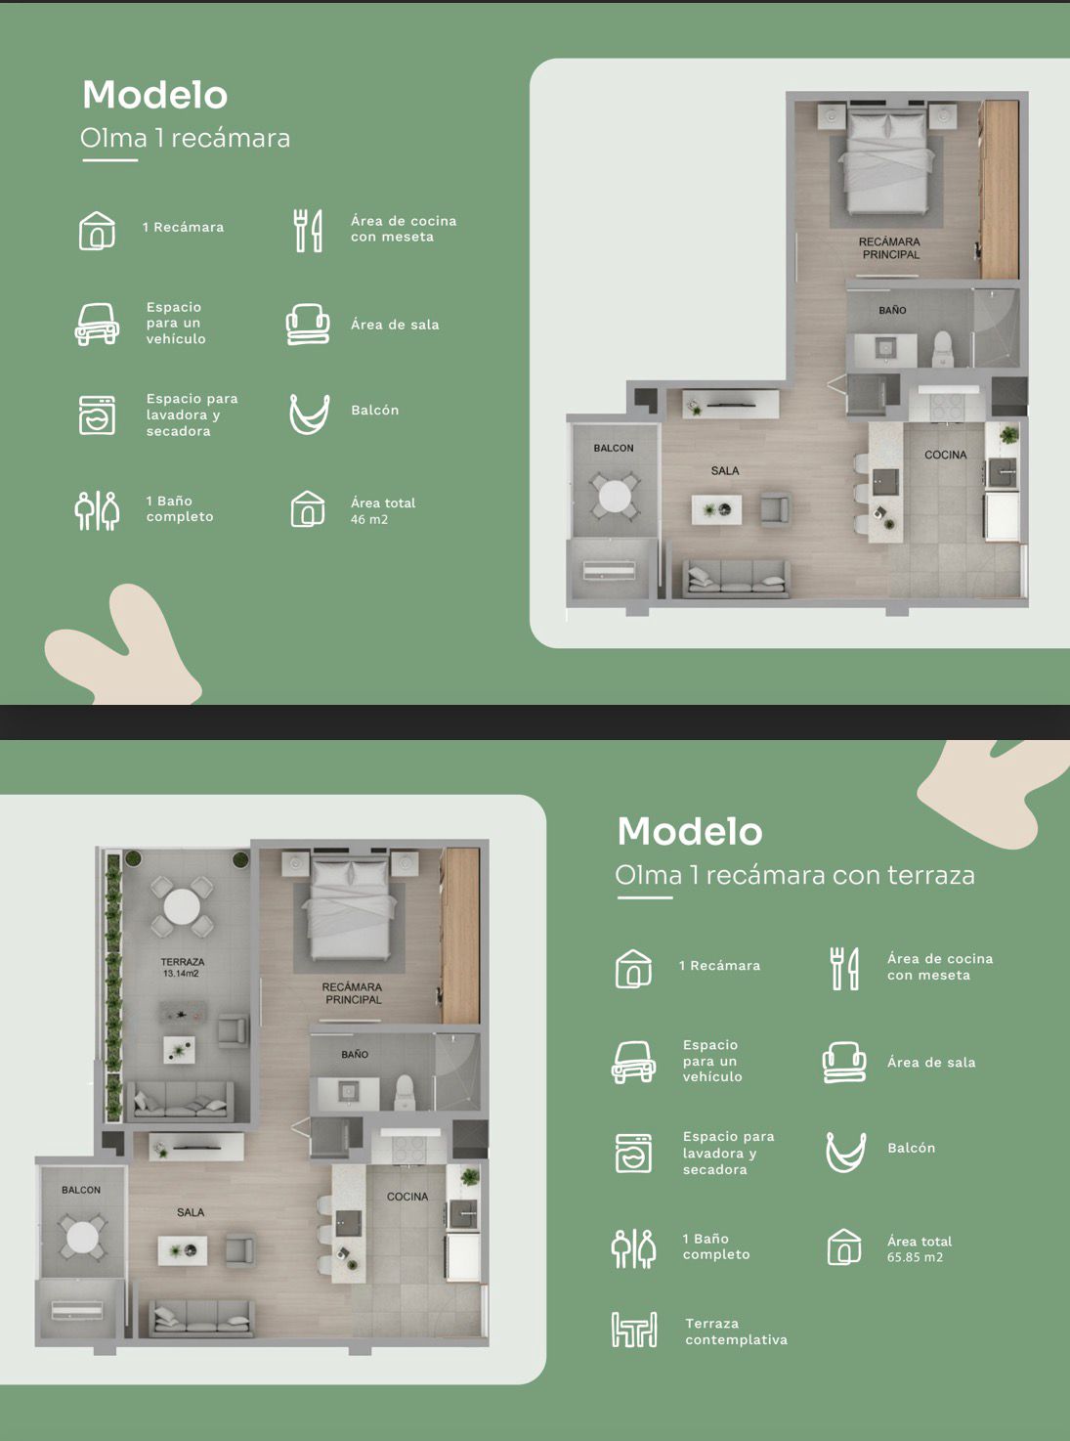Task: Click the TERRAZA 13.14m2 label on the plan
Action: [x=182, y=968]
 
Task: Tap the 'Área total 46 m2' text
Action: [x=383, y=510]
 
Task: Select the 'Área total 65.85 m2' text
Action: [x=920, y=1248]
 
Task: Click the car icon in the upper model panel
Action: [x=97, y=324]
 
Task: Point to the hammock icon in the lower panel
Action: [x=845, y=1152]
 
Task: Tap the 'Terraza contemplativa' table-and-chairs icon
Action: [x=634, y=1330]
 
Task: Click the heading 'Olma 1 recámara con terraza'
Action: [x=794, y=875]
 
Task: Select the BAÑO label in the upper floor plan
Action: [x=892, y=311]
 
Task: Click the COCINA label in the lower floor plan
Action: [x=407, y=1196]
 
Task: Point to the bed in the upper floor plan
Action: [x=886, y=162]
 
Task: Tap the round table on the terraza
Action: [x=182, y=906]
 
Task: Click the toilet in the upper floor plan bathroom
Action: [x=941, y=350]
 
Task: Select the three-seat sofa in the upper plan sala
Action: [x=736, y=576]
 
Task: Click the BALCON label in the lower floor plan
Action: [x=81, y=1190]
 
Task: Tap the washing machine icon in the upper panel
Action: [x=97, y=415]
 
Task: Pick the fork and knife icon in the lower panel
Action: [x=844, y=968]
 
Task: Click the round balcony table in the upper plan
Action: [x=614, y=497]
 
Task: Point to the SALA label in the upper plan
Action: [x=725, y=470]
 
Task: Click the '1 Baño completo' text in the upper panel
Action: [x=179, y=508]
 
